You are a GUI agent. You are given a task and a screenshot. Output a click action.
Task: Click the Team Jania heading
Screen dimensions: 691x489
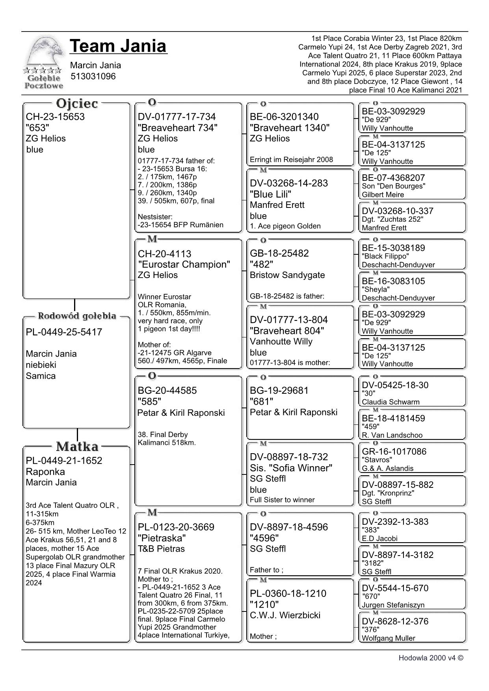click(118, 46)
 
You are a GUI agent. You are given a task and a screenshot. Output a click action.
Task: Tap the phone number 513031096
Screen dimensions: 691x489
click(93, 76)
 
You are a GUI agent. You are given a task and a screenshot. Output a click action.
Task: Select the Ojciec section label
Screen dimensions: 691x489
click(77, 104)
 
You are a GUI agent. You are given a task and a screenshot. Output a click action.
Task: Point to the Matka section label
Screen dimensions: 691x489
click(77, 446)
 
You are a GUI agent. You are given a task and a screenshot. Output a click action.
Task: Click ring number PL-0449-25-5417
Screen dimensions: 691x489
click(64, 332)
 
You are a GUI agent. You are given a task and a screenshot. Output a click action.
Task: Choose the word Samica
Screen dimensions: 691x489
click(41, 376)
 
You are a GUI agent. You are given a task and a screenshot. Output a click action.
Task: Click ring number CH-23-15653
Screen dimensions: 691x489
click(55, 117)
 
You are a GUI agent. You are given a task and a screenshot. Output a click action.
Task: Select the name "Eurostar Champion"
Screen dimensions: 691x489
click(184, 264)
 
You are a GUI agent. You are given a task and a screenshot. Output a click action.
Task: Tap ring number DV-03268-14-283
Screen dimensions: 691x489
click(289, 183)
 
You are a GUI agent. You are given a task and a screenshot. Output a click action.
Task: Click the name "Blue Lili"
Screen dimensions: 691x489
click(270, 194)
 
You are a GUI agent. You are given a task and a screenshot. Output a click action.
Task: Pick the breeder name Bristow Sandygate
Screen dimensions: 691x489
click(287, 275)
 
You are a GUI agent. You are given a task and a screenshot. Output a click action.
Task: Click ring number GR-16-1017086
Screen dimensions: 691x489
click(394, 451)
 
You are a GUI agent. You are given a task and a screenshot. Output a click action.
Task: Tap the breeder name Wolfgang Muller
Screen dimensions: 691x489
click(389, 638)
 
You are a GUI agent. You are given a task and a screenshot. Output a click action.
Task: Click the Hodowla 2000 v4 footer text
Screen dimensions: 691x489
click(431, 658)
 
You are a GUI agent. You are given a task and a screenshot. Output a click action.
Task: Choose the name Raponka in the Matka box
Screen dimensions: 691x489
click(45, 472)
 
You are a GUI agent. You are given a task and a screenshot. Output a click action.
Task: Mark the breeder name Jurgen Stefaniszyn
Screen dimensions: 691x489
click(393, 605)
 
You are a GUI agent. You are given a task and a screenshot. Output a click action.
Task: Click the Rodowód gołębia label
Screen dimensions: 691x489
click(77, 316)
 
